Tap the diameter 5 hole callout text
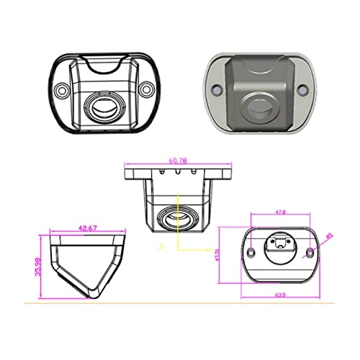click(328, 235)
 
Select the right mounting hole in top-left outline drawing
click(146, 90)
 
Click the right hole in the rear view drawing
click(310, 252)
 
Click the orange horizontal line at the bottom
click(180, 303)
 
